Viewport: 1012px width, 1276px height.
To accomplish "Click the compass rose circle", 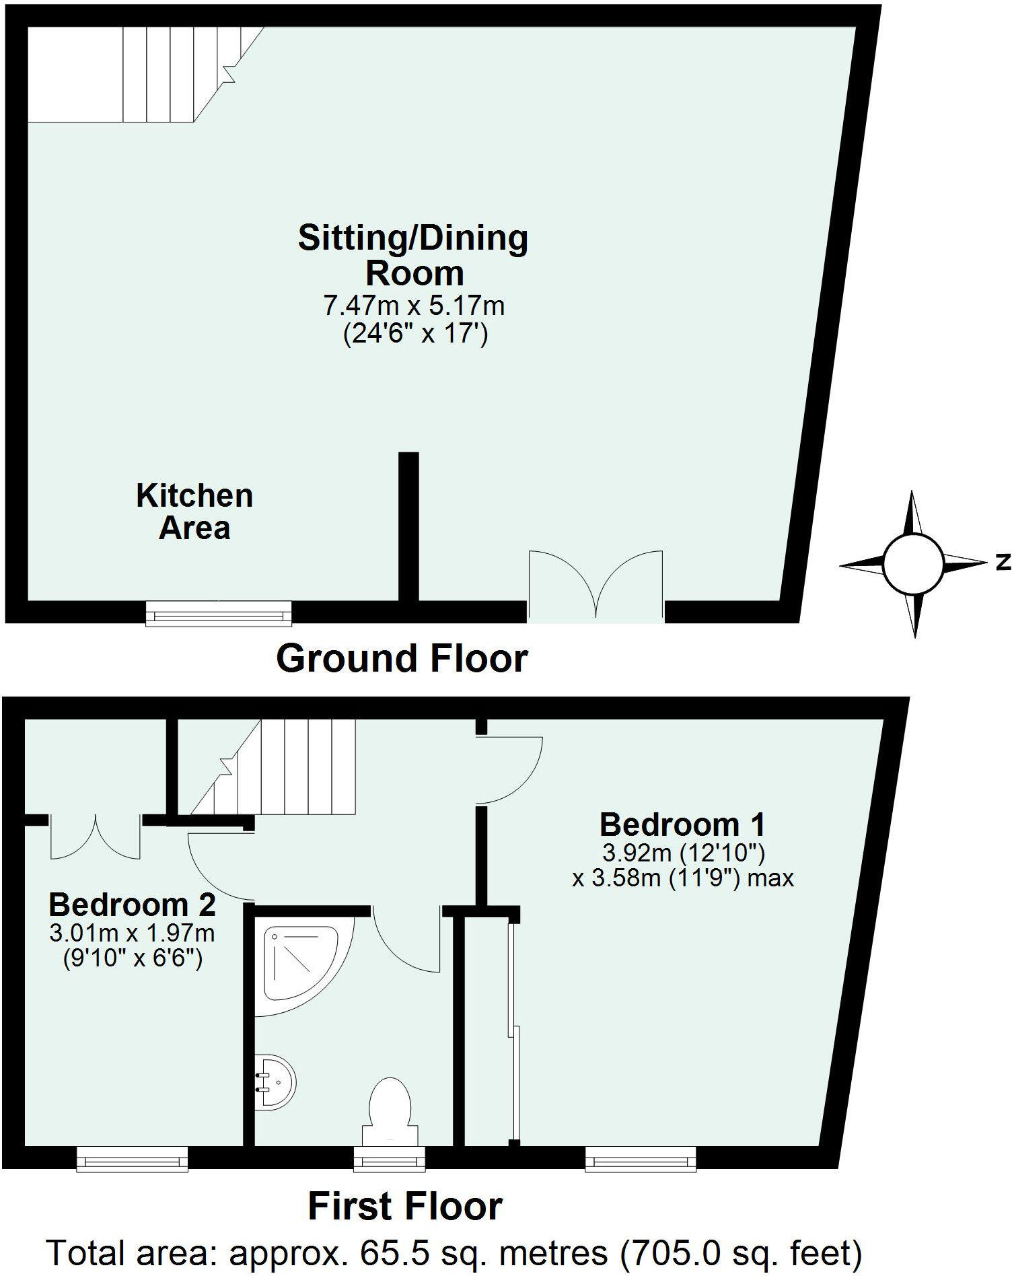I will [912, 564].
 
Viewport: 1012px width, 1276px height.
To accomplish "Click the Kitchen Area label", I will [194, 511].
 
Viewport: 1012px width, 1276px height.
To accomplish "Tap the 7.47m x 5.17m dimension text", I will [414, 306].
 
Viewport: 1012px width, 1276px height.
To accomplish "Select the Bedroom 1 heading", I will [682, 824].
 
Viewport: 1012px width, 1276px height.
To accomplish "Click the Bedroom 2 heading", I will [133, 905].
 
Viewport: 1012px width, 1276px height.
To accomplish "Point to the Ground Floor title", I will [402, 658].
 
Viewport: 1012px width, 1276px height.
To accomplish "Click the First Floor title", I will [405, 1207].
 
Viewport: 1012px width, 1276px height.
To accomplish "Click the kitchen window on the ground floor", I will [219, 614].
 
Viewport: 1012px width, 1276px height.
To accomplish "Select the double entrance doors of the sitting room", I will [595, 586].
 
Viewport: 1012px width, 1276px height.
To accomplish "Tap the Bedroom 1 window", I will [641, 1159].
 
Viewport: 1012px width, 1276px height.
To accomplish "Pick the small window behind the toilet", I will [390, 1159].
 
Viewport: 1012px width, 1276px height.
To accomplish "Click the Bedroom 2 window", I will [132, 1159].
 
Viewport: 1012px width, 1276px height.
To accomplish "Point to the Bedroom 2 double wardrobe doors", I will [96, 838].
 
